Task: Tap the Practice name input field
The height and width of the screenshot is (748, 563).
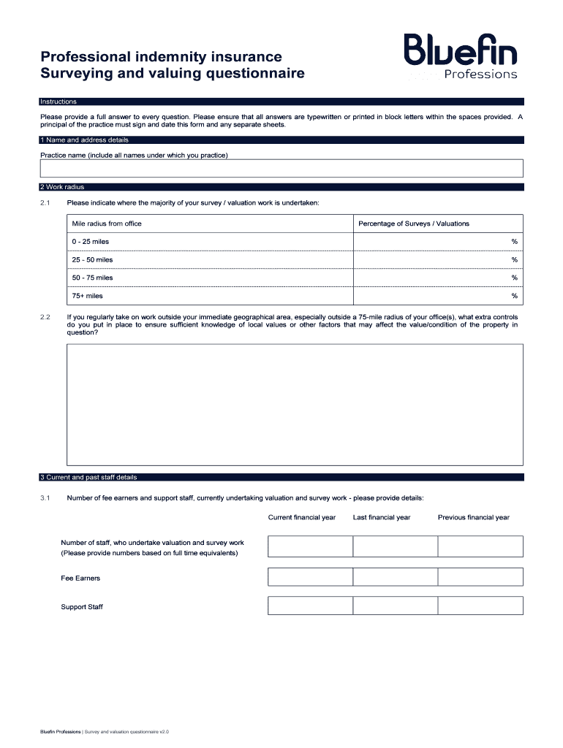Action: point(281,169)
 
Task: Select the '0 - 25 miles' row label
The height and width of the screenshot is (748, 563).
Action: point(90,242)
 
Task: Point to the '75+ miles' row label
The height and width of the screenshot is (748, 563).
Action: point(87,296)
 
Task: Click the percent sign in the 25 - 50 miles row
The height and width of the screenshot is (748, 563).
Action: point(514,260)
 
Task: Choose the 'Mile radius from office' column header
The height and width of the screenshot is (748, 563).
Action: point(107,224)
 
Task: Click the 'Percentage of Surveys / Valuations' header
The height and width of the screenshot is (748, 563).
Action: point(413,224)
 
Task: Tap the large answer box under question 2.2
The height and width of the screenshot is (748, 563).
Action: point(295,404)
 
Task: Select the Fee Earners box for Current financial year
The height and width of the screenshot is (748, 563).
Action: point(310,577)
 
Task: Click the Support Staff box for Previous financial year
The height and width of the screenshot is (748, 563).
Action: point(480,606)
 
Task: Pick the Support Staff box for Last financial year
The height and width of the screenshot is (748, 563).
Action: point(395,606)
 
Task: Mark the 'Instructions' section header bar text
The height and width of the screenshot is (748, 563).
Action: point(58,102)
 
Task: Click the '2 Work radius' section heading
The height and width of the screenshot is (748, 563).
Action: point(63,187)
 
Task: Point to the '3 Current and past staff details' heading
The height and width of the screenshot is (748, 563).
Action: point(88,478)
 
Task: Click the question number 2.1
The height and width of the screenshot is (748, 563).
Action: point(45,202)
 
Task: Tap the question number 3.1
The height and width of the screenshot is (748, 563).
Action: point(45,498)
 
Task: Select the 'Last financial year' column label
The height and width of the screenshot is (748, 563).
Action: point(382,517)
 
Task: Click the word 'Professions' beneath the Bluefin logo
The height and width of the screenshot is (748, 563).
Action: point(480,74)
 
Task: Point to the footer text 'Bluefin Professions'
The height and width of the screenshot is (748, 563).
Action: point(60,731)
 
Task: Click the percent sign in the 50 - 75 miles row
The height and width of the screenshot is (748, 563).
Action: point(514,278)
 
